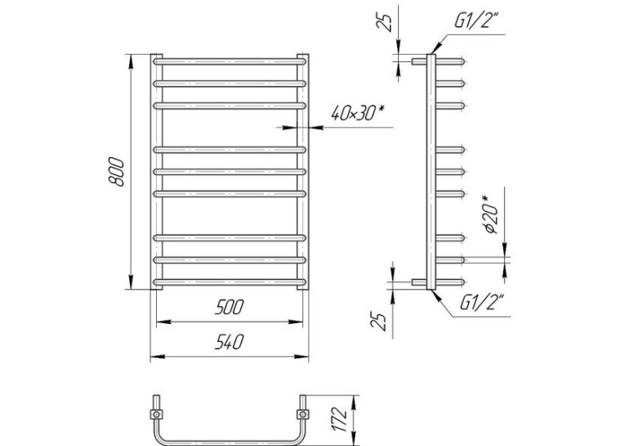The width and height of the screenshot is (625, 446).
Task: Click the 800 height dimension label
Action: (116, 172)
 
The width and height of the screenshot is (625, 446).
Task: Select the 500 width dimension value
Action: (230, 308)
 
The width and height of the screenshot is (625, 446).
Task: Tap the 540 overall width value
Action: (230, 342)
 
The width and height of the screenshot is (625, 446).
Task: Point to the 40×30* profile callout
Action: (357, 113)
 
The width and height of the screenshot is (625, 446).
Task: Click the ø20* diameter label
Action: (490, 214)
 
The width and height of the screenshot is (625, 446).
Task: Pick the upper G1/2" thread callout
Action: (477, 20)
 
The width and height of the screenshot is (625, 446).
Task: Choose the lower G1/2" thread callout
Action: (482, 302)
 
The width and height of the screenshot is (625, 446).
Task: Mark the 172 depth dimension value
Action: (340, 419)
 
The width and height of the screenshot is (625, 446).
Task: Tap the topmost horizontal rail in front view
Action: (230, 61)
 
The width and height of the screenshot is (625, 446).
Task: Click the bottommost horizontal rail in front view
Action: (230, 282)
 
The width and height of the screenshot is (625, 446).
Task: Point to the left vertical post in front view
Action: (157, 172)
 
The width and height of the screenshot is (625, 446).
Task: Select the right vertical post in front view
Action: (303, 172)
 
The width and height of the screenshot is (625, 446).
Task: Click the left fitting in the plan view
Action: (157, 413)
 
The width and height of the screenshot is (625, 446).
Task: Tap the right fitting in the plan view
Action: (303, 413)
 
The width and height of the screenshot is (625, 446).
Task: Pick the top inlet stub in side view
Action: (419, 61)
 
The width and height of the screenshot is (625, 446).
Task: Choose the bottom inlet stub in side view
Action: (419, 282)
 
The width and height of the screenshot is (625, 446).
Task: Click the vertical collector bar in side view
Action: (431, 172)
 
